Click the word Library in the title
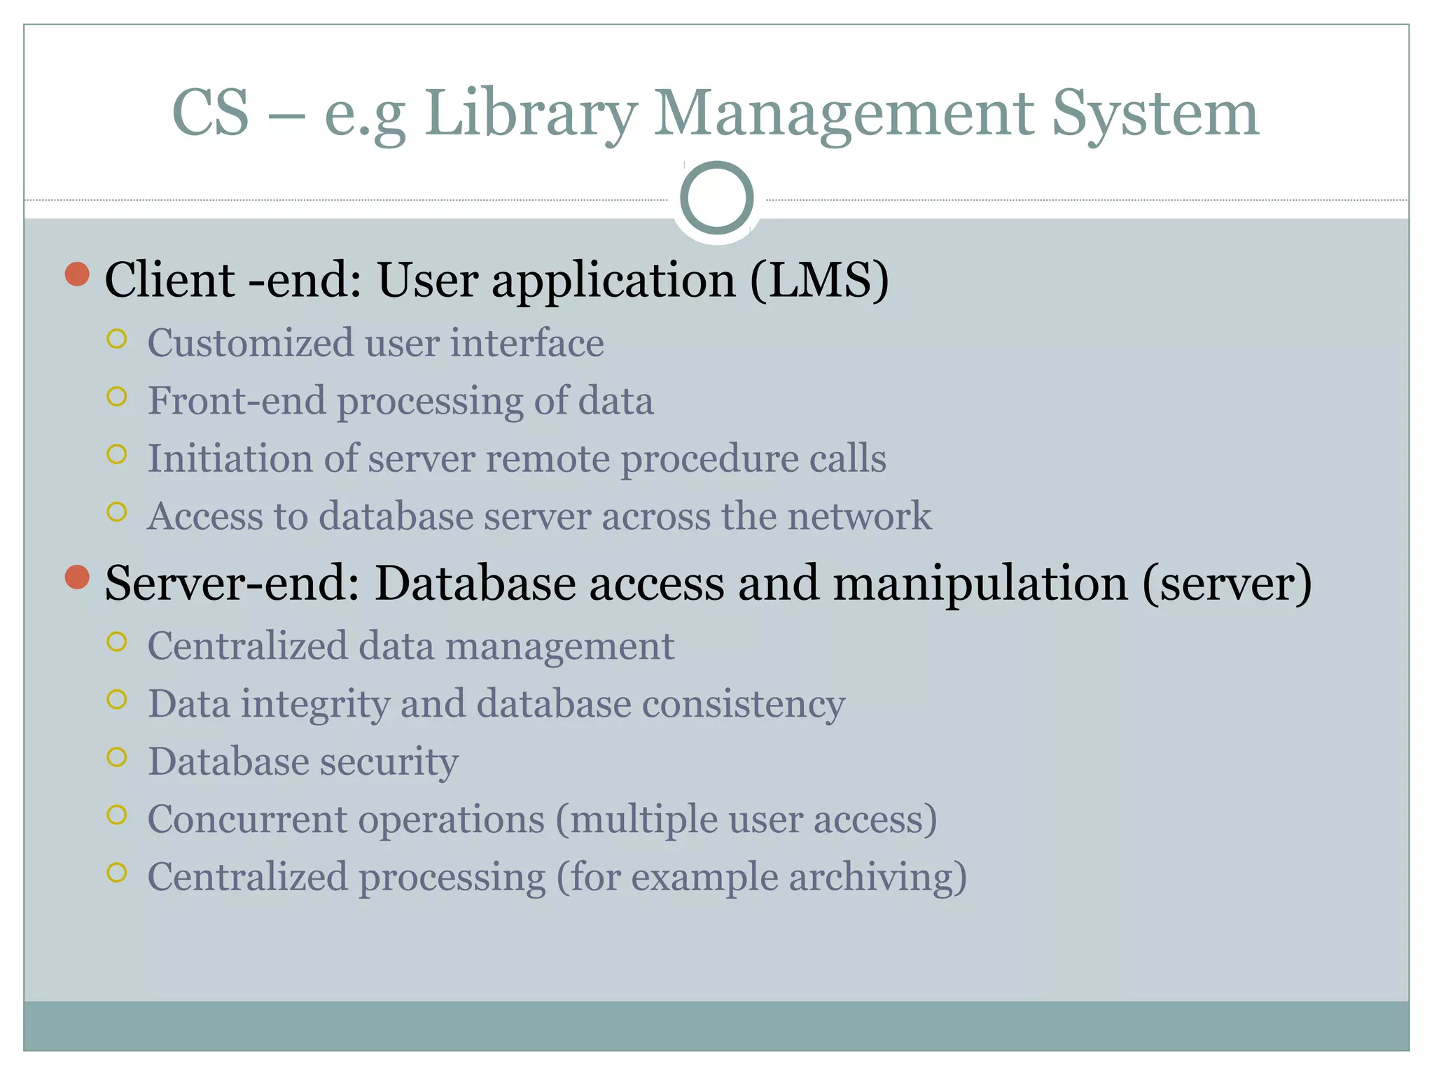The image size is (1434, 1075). point(531,113)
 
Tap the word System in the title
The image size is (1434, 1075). point(1155,113)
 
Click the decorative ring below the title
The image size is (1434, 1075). point(716,198)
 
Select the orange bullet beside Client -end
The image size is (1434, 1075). point(77,274)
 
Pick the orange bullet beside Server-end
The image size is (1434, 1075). point(77,577)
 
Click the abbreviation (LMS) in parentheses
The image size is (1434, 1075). point(819,280)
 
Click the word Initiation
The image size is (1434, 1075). point(229,458)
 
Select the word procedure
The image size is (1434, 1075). point(709,460)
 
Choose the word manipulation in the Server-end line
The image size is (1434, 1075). point(980,583)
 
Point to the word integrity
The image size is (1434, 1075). point(315,704)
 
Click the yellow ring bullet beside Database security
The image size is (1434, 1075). point(117,757)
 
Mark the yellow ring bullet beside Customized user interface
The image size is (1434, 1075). point(117,339)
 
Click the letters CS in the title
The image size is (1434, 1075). point(210,113)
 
